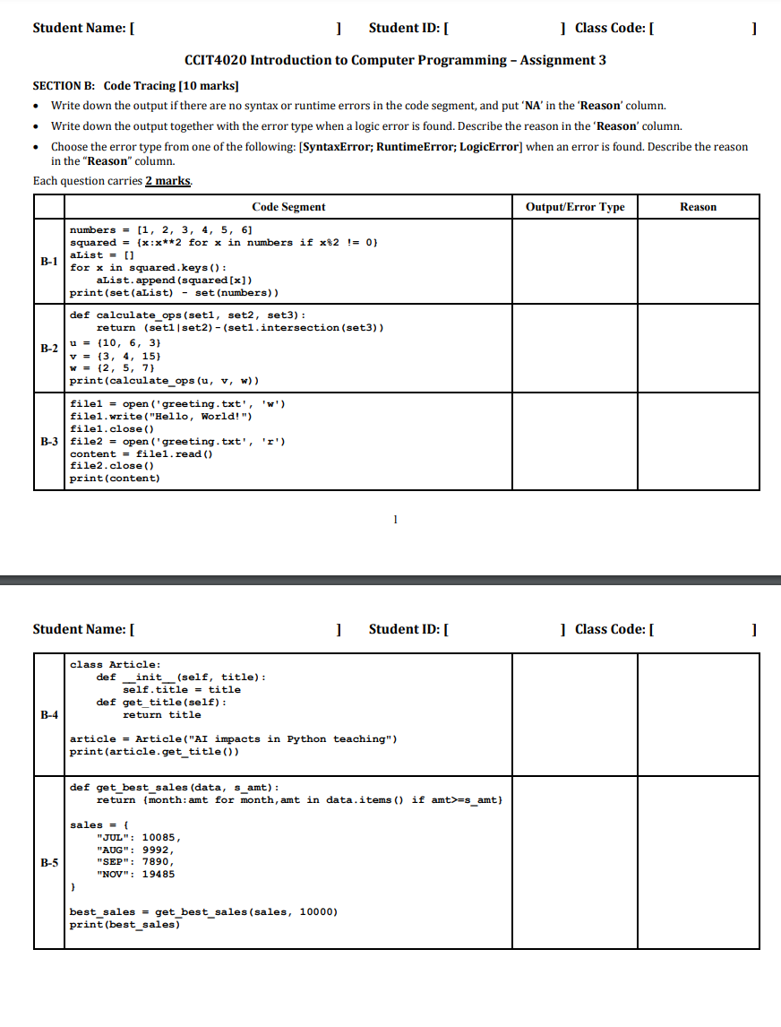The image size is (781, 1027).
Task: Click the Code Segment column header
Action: [x=288, y=207]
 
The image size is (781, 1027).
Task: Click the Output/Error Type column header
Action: [x=575, y=207]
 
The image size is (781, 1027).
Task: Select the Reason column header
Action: [x=698, y=207]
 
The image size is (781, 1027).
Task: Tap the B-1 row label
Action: [x=48, y=262]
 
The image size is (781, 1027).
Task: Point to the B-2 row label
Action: [x=48, y=348]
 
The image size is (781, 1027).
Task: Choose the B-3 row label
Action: [x=48, y=442]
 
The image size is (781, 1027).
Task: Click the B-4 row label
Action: [x=48, y=715]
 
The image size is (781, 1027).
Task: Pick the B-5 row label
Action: [x=48, y=863]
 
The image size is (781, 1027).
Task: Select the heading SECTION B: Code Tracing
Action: [x=135, y=86]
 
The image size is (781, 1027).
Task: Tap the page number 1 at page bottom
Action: [x=395, y=518]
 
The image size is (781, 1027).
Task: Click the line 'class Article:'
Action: [x=116, y=664]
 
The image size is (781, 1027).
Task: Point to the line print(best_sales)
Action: [x=125, y=924]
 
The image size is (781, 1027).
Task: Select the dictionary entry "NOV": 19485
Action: [x=135, y=874]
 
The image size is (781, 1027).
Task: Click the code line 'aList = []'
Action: [x=99, y=255]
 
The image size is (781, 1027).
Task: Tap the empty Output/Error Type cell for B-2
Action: [x=575, y=348]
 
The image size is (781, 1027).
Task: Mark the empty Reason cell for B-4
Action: [x=698, y=715]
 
